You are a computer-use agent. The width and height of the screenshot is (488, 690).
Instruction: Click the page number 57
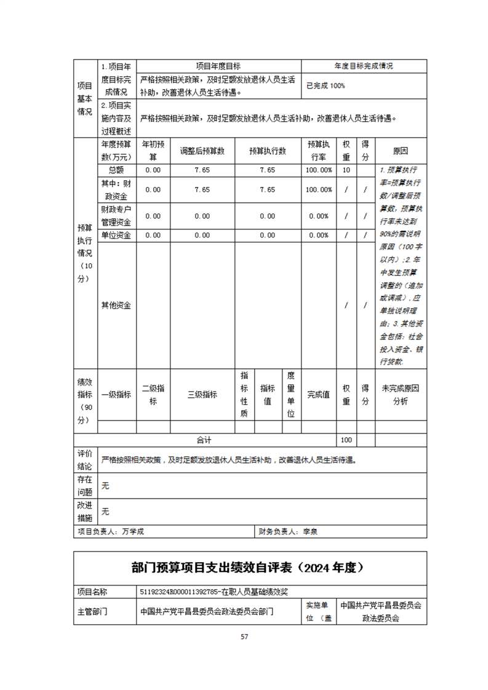[x=244, y=636]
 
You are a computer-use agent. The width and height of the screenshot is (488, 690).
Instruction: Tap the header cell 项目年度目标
[x=218, y=66]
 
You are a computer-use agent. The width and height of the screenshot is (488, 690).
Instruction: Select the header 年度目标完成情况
[x=364, y=66]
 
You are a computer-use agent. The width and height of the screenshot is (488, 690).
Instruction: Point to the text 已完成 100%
[x=326, y=86]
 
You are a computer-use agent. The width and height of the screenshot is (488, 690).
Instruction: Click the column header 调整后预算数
[x=202, y=151]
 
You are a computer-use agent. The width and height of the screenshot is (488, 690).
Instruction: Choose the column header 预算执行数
[x=267, y=151]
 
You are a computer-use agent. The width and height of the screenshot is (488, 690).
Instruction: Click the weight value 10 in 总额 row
[x=346, y=170]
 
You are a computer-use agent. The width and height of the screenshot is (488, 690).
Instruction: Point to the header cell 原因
[x=400, y=151]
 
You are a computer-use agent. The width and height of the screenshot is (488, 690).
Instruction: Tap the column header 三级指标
[x=202, y=395]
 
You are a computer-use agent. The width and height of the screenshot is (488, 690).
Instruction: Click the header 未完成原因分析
[x=400, y=395]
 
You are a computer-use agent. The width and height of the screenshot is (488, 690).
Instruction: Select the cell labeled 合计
[x=204, y=440]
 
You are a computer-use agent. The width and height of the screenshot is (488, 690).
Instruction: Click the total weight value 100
[x=346, y=440]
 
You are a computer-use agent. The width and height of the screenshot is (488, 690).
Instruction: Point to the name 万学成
[x=133, y=531]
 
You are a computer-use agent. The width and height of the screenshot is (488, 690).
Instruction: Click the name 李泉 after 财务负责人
[x=310, y=531]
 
